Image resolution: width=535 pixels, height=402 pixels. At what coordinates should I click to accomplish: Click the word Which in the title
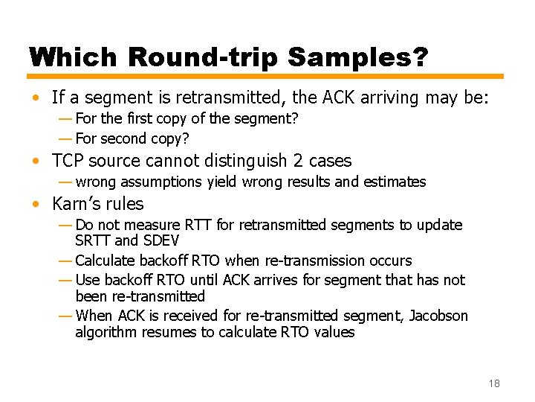coord(74,57)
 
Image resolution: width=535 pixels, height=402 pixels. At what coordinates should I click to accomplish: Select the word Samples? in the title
coord(366,57)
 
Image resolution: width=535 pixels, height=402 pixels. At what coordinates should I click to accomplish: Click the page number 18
coord(494,383)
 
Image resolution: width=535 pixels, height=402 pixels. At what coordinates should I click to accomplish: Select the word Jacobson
coord(438,316)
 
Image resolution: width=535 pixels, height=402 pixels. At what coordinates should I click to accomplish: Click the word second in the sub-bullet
coord(123,138)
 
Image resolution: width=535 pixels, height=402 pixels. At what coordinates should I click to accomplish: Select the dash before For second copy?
coord(65,138)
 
